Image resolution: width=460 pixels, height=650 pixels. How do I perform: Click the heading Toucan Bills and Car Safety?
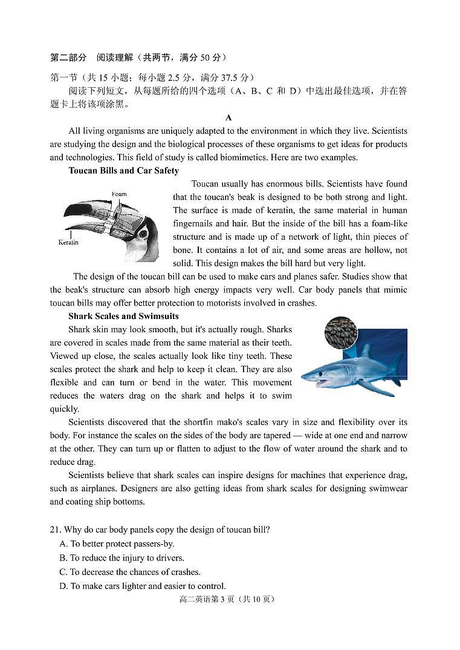tap(123, 171)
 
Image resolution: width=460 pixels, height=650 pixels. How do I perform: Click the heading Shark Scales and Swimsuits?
tap(123, 316)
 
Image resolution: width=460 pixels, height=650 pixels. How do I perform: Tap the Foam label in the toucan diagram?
tap(119, 194)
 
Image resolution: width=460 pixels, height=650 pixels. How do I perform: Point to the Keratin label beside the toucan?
tap(68, 242)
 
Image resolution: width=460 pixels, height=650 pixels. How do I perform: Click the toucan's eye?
tap(144, 234)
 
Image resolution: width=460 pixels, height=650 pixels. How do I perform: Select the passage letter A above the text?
tap(228, 117)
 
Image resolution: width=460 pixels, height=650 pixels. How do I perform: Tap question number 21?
tap(56, 530)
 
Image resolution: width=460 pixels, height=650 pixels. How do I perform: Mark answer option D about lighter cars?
tap(142, 586)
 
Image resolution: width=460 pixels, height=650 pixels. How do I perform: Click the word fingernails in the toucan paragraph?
tap(195, 223)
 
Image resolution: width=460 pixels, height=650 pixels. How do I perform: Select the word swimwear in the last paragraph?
tap(386, 488)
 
